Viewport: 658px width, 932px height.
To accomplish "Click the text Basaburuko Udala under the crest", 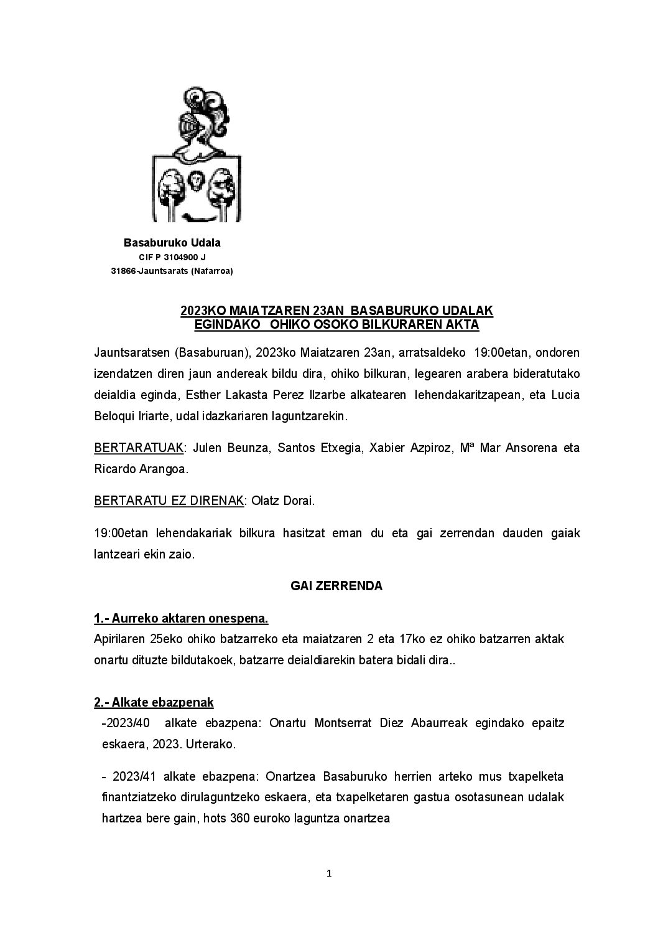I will [172, 243].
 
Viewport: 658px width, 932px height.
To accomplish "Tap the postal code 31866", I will [123, 271].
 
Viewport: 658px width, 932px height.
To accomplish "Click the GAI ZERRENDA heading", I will [336, 586].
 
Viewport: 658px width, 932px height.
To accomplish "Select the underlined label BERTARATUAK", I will [139, 448].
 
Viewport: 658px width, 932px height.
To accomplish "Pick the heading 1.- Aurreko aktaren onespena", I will [181, 618].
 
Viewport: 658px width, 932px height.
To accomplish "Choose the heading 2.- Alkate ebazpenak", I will [154, 702].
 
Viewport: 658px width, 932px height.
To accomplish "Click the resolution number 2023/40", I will [127, 723].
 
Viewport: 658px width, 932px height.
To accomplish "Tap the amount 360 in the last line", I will [240, 819].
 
